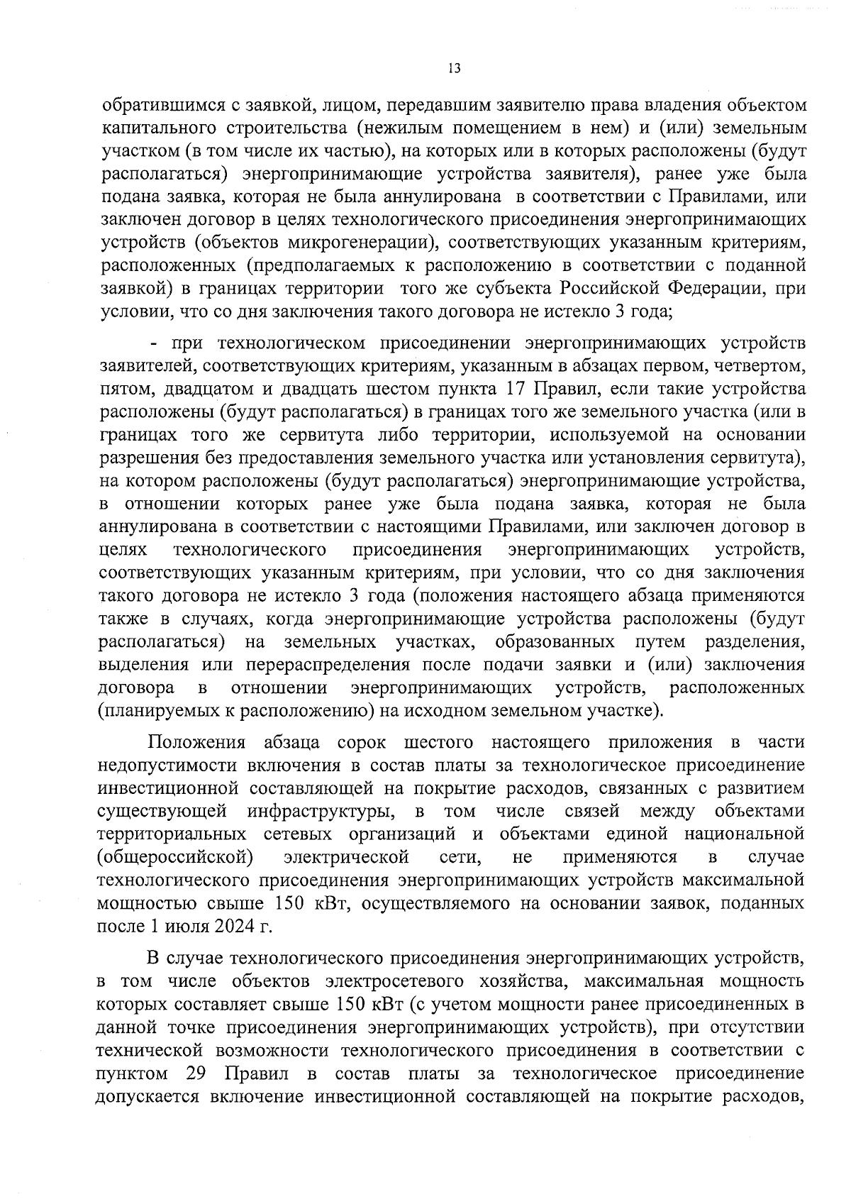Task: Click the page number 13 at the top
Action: pyautogui.click(x=455, y=68)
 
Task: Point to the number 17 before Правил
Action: pyautogui.click(x=515, y=390)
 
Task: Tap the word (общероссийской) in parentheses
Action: pyautogui.click(x=175, y=857)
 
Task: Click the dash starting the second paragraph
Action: pyautogui.click(x=153, y=343)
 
